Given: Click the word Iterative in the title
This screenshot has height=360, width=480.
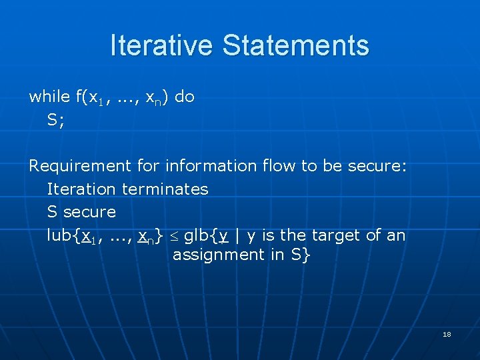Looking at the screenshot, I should [162, 45].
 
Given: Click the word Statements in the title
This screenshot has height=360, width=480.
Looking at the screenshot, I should [295, 45].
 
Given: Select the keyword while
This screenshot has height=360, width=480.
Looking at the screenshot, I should [49, 97].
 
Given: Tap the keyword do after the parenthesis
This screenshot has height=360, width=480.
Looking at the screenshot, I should [185, 97].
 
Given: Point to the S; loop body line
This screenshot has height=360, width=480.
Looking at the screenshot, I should [55, 120].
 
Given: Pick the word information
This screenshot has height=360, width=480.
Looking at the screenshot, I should [209, 165].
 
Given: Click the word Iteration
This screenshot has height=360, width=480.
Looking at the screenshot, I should [81, 189].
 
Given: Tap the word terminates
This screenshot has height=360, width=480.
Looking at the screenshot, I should [165, 189].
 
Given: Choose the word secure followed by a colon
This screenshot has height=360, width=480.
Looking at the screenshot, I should [378, 165].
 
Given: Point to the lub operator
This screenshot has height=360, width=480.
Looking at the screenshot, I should [58, 235].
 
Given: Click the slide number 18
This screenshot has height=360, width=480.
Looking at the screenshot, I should [447, 334].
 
